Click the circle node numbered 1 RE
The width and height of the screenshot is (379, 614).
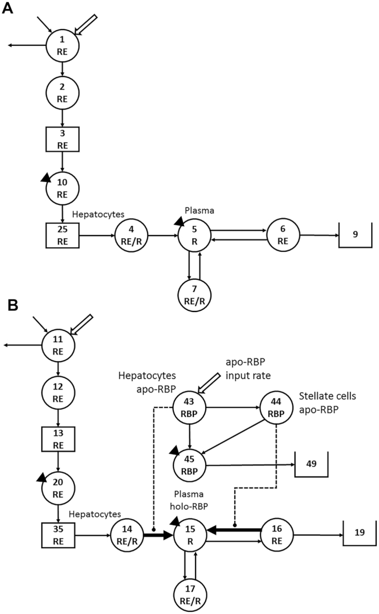click(x=61, y=45)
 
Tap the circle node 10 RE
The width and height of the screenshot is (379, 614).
click(x=61, y=187)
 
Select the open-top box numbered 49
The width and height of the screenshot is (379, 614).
click(x=311, y=463)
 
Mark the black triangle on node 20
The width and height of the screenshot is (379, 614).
click(x=42, y=476)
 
